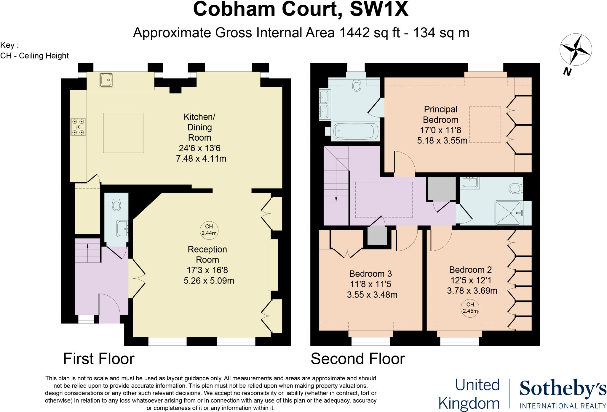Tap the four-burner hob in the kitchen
[78, 127]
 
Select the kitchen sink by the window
[106, 80]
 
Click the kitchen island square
[123, 133]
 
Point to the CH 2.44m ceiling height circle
[209, 230]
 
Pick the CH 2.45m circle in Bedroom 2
[470, 308]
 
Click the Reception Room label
[207, 255]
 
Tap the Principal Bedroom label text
[440, 115]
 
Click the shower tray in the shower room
[508, 213]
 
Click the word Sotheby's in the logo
[563, 389]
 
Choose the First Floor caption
[99, 359]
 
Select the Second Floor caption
[357, 359]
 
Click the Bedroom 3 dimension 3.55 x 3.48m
[372, 295]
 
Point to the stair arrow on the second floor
[336, 199]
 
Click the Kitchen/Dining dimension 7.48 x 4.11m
[201, 159]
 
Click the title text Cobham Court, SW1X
[301, 9]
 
